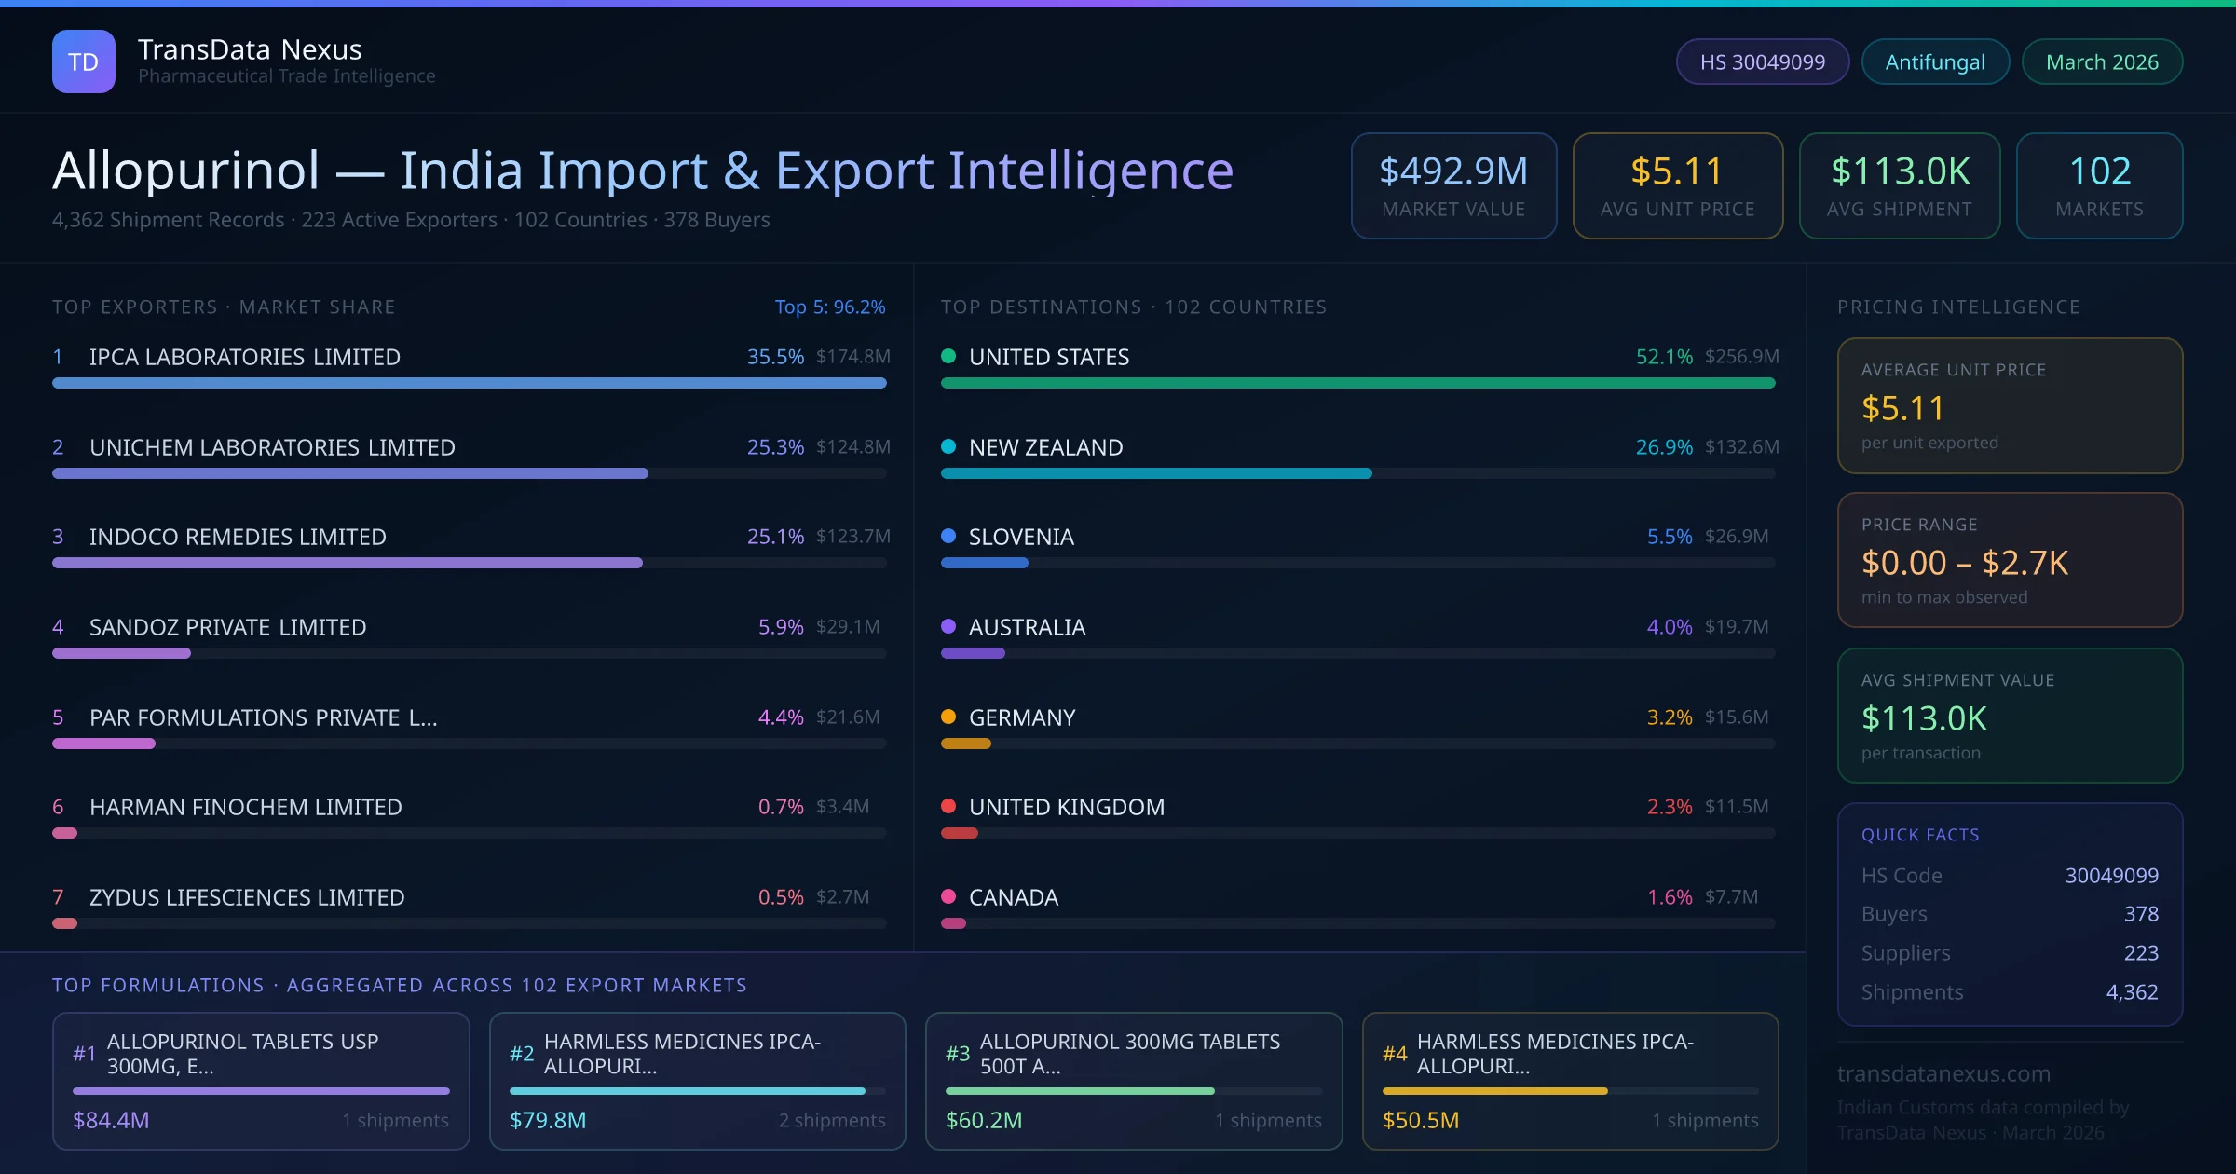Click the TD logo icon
(84, 61)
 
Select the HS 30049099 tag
(1762, 61)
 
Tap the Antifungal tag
(1935, 61)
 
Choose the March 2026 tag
(2102, 61)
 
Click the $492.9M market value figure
(1453, 171)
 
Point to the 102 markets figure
(2100, 171)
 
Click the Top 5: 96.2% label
(829, 307)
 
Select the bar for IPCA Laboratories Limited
(469, 383)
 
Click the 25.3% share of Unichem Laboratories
(775, 447)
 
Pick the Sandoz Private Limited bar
(121, 653)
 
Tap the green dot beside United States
(948, 356)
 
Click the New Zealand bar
(1155, 473)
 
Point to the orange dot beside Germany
(948, 717)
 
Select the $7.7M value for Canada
(1731, 897)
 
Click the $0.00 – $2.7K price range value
(1964, 563)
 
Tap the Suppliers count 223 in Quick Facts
(2140, 953)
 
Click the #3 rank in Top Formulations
(958, 1054)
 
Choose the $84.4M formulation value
(111, 1120)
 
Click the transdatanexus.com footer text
(1943, 1073)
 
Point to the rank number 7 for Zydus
(58, 897)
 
